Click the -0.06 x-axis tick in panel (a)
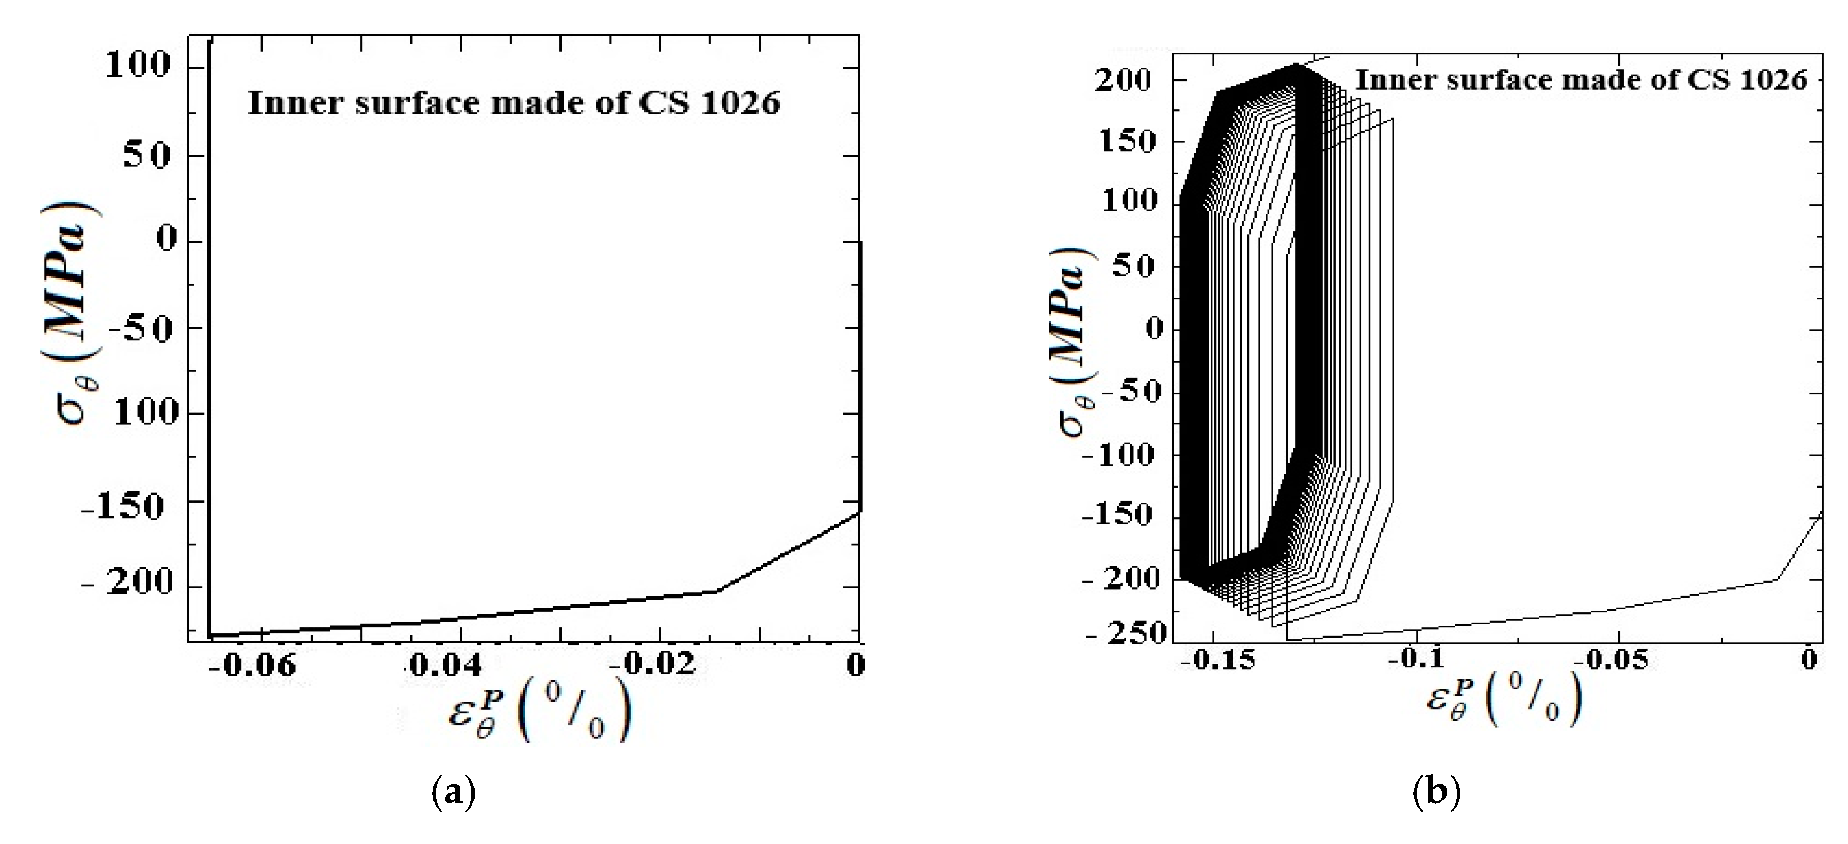[256, 665]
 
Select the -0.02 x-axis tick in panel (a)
[657, 665]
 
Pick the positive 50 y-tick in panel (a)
[147, 155]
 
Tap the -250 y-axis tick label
[1125, 633]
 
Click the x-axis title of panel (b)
[1503, 699]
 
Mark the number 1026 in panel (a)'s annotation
[742, 103]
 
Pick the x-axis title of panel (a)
[539, 710]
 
